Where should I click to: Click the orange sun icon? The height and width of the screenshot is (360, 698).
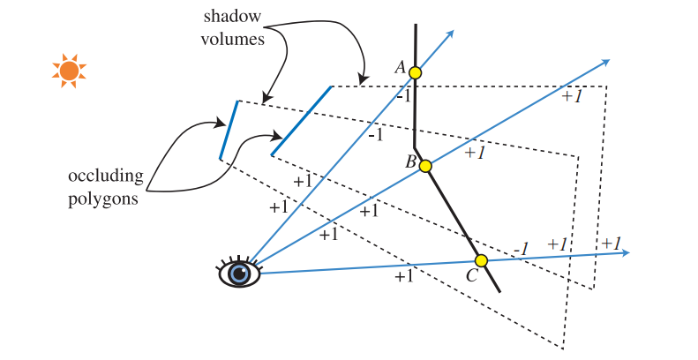coord(69,71)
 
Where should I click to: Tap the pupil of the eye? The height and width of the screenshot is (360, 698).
coord(238,274)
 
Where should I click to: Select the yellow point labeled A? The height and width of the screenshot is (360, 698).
coord(416,73)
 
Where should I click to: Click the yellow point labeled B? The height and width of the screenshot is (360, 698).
coord(425,166)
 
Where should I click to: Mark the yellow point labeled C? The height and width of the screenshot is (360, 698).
coord(481,261)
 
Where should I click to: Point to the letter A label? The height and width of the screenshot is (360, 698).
coord(400,68)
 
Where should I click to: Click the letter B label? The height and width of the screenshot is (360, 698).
coord(410,161)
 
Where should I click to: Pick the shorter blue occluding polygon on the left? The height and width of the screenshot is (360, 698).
coord(229,131)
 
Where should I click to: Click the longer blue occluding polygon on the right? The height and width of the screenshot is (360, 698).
coord(301,121)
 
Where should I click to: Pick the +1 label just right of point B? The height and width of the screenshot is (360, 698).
coord(476,153)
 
